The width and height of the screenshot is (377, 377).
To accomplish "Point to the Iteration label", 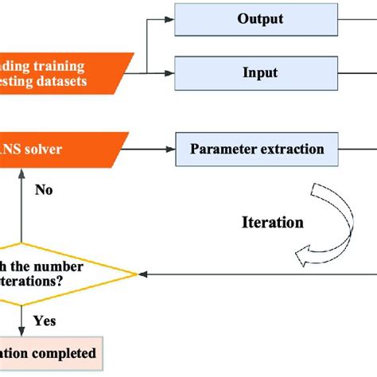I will tap(272, 223).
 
